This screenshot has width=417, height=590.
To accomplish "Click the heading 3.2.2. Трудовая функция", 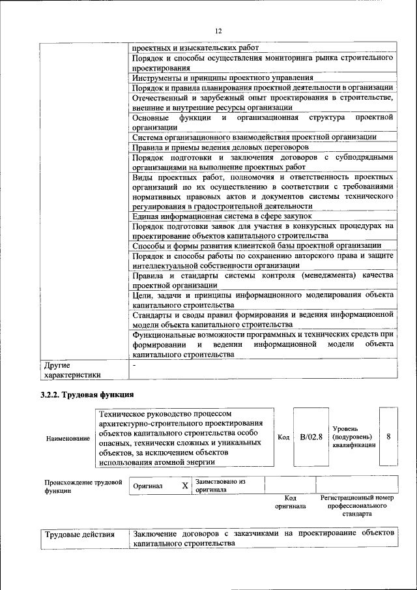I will click(x=87, y=394).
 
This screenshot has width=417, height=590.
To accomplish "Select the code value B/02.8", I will click(x=311, y=437).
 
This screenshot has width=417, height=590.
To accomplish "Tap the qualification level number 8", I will click(x=388, y=437).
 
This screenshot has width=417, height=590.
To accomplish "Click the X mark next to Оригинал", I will click(x=184, y=486).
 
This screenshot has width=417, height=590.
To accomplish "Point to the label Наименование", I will click(x=68, y=438).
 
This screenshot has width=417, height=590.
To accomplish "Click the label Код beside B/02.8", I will click(x=283, y=437).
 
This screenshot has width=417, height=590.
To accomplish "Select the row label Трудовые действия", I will click(x=79, y=535).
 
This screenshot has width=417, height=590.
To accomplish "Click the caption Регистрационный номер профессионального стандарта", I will click(x=357, y=505).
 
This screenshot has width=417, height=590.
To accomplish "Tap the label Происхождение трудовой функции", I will click(x=83, y=486).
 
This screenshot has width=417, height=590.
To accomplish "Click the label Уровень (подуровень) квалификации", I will click(x=353, y=436).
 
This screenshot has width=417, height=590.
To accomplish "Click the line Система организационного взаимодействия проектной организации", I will click(x=254, y=137).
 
